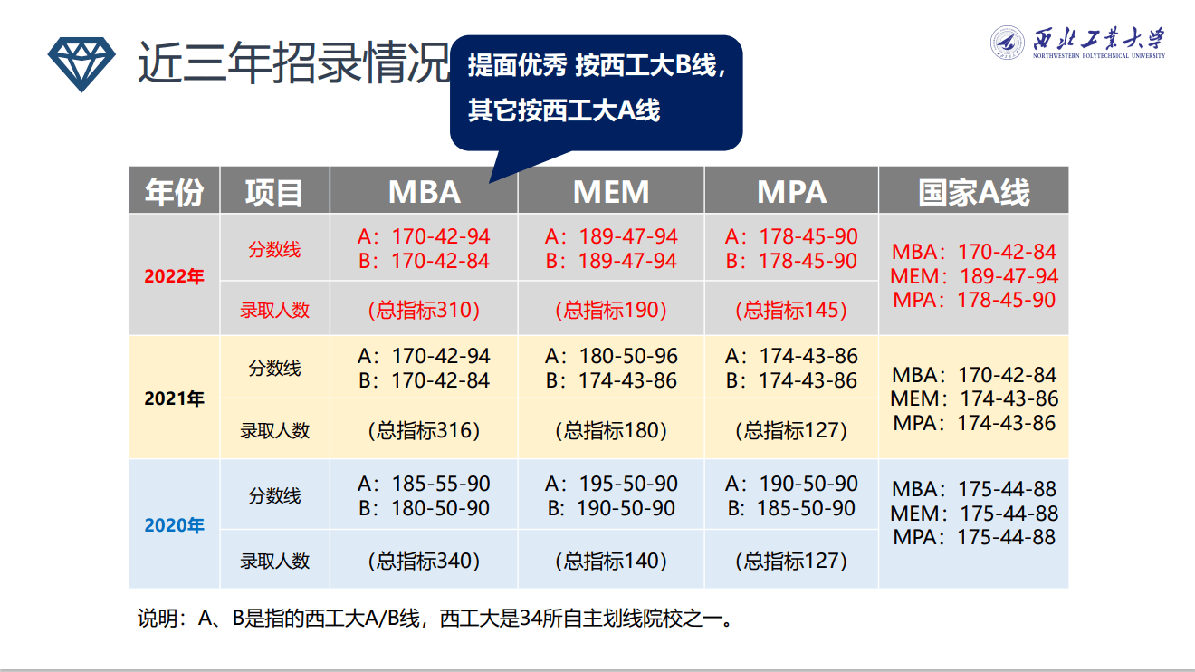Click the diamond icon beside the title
pyautogui.click(x=81, y=63)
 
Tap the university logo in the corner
pyautogui.click(x=1077, y=42)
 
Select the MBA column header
pyautogui.click(x=424, y=191)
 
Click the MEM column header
pyautogui.click(x=611, y=191)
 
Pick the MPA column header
pyautogui.click(x=791, y=191)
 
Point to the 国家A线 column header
pyautogui.click(x=973, y=191)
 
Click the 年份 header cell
pyautogui.click(x=175, y=191)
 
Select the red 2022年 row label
pyautogui.click(x=175, y=276)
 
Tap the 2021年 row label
pyautogui.click(x=175, y=398)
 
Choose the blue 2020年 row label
pyautogui.click(x=175, y=525)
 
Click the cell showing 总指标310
pyautogui.click(x=424, y=310)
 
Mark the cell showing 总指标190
pyautogui.click(x=611, y=310)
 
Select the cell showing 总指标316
pyautogui.click(x=424, y=430)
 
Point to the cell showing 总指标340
pyautogui.click(x=424, y=561)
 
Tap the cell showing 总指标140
pyautogui.click(x=611, y=561)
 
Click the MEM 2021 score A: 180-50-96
pyautogui.click(x=611, y=356)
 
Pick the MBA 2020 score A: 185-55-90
pyautogui.click(x=424, y=484)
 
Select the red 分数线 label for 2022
pyautogui.click(x=274, y=250)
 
